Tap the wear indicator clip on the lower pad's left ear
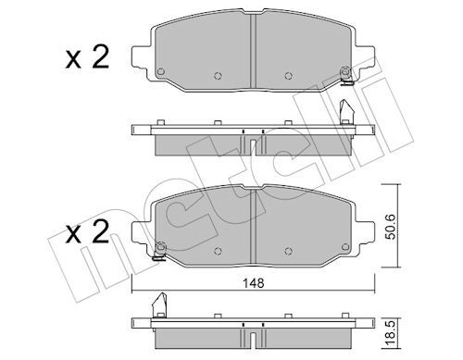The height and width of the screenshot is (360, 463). pos(160,245)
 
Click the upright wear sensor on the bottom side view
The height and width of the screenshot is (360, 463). pos(158,302)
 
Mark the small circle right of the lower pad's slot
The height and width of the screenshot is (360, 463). pos(286,247)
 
